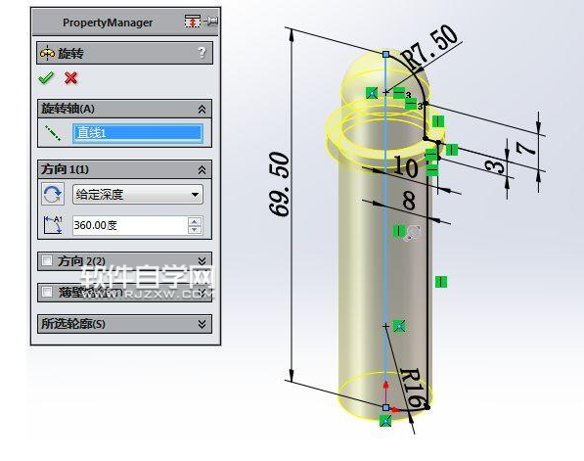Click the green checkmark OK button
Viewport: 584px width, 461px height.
[46, 78]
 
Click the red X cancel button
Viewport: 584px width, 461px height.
[70, 78]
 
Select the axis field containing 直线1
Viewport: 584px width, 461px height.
[138, 132]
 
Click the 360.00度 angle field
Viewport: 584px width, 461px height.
[127, 225]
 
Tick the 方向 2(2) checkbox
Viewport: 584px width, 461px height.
[46, 260]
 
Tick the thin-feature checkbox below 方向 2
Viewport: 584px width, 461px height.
[46, 292]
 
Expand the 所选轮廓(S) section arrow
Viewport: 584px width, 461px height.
[202, 324]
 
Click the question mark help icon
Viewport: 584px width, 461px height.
[202, 53]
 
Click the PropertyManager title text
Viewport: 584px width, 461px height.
[107, 23]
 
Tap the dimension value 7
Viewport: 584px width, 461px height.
[525, 148]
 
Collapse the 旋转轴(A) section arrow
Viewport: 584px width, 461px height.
[202, 109]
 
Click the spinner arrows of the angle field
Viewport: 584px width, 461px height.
[195, 225]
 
